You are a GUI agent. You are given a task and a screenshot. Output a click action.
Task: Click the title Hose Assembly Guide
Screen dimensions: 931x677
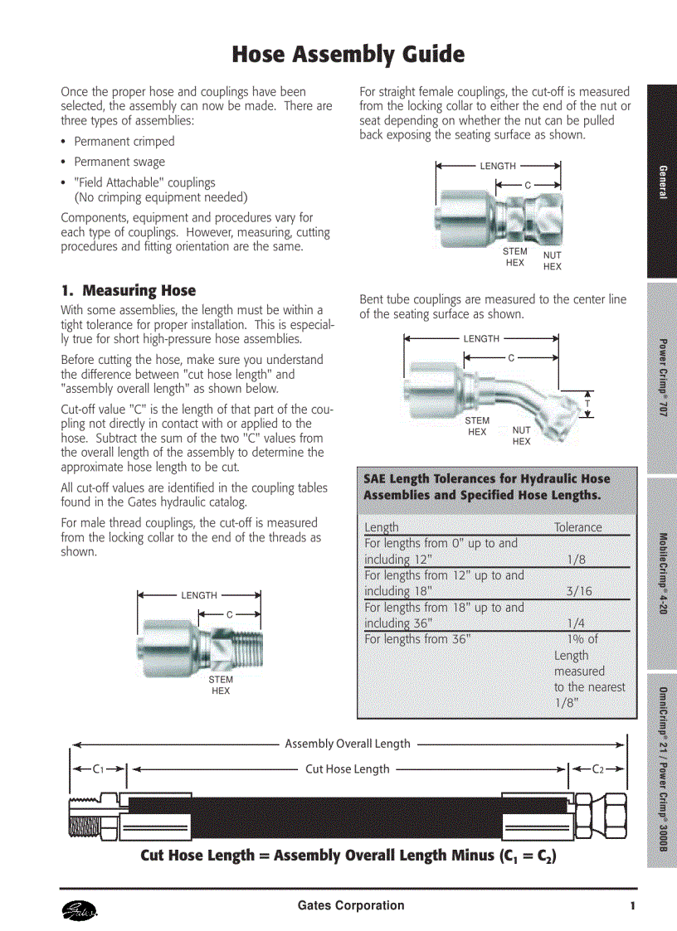(x=348, y=55)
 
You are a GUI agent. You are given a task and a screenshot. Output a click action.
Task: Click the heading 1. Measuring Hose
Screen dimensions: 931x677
(x=129, y=291)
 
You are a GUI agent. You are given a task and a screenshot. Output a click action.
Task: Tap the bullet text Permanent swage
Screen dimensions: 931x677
(x=119, y=162)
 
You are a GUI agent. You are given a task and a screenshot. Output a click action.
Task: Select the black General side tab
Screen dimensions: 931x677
(x=662, y=182)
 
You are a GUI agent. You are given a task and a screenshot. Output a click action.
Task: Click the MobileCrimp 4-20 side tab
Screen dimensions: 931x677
(x=662, y=572)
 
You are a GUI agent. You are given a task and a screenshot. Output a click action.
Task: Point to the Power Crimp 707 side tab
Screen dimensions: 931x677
(x=662, y=377)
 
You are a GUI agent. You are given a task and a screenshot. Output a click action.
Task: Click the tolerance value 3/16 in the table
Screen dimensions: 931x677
(x=579, y=591)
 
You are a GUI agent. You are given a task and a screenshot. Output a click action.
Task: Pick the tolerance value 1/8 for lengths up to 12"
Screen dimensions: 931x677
(x=577, y=560)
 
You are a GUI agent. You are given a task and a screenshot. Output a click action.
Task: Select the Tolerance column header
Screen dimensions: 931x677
(x=577, y=527)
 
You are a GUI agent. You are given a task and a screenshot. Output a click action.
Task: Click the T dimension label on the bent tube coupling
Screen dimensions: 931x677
(x=587, y=404)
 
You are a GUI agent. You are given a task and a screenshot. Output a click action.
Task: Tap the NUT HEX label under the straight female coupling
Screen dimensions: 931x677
(x=553, y=261)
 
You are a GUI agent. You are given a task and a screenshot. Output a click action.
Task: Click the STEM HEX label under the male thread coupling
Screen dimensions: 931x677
(x=221, y=685)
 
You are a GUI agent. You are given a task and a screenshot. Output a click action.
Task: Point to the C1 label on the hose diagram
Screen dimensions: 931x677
(x=98, y=769)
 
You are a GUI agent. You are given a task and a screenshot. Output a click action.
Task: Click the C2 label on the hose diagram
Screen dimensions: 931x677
(x=597, y=769)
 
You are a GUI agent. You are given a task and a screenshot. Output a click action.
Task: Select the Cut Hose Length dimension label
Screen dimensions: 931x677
(x=347, y=769)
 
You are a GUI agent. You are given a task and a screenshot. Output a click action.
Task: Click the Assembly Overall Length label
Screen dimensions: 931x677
(x=347, y=744)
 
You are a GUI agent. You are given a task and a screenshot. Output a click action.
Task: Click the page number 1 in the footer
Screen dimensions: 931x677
(x=632, y=905)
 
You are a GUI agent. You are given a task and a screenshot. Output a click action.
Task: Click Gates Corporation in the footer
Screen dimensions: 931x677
(x=351, y=905)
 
